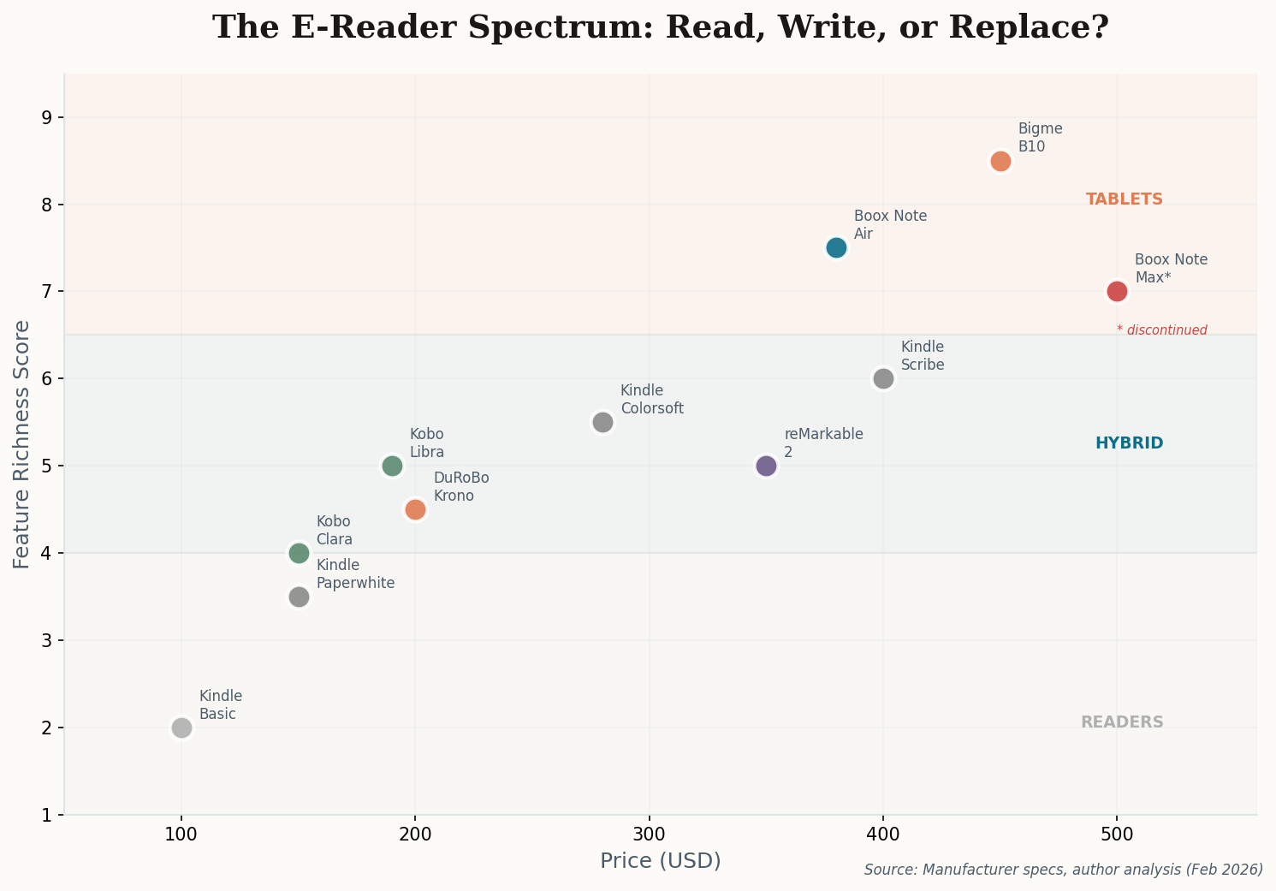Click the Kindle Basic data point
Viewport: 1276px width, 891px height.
(181, 728)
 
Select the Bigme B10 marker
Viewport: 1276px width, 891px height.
(1000, 161)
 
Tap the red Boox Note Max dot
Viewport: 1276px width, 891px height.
(1117, 291)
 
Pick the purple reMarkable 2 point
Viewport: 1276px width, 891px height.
(766, 466)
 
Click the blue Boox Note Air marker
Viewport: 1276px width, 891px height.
(836, 247)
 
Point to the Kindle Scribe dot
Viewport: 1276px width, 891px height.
(883, 378)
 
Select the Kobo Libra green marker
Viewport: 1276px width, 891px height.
(392, 466)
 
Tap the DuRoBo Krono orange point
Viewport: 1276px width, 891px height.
(415, 509)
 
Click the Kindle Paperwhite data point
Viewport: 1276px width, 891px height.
(299, 597)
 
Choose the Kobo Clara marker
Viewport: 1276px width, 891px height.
(299, 553)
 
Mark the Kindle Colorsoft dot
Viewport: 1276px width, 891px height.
(602, 422)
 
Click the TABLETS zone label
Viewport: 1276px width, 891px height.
(1124, 199)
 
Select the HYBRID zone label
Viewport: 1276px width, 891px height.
(1129, 443)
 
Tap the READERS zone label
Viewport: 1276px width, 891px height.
(1122, 722)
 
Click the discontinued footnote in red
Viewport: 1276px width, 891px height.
(1161, 330)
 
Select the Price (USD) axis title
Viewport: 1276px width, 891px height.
(660, 861)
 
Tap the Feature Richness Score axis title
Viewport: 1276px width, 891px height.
(22, 444)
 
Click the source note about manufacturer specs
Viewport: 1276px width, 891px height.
(1063, 870)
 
